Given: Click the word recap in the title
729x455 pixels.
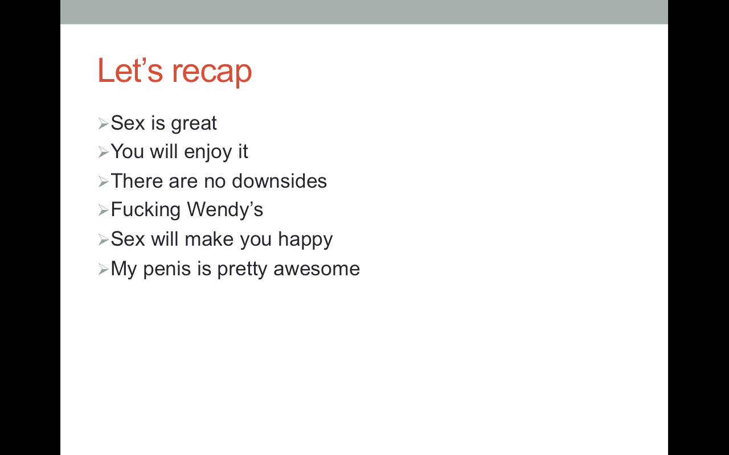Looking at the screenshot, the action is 212,73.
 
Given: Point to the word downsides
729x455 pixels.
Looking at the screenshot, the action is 279,181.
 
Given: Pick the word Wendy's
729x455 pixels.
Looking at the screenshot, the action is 225,210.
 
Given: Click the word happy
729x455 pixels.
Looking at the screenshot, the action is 305,240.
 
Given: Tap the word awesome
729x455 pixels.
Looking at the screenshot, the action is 317,270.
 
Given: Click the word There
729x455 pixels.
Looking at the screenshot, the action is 136,181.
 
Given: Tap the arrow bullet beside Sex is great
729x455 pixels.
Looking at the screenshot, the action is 103,124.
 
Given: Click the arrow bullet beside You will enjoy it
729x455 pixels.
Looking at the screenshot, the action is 103,152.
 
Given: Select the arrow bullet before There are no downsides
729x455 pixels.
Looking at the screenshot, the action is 103,181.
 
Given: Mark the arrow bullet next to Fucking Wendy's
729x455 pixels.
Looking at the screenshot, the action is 103,210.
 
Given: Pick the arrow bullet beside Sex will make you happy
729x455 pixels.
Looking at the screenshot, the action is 103,240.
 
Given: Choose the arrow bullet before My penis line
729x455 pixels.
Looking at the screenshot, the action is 103,270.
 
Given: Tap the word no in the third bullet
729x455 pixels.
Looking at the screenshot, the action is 215,181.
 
